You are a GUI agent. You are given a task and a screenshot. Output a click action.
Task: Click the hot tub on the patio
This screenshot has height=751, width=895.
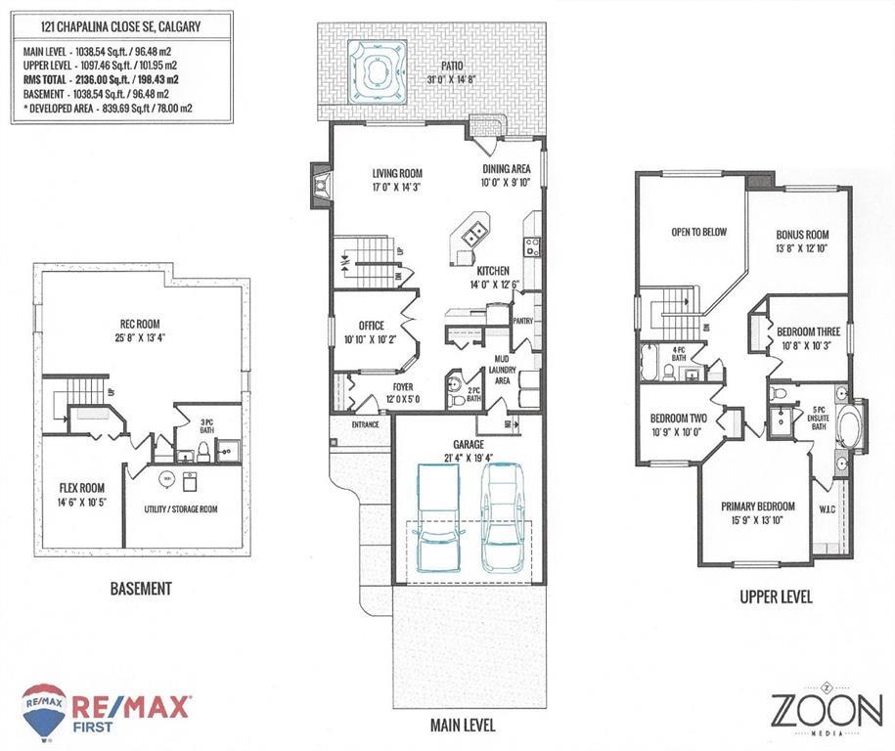[377, 72]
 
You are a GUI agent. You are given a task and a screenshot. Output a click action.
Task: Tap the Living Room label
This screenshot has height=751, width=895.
[397, 173]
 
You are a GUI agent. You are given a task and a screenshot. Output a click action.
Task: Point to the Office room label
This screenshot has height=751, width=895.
[371, 326]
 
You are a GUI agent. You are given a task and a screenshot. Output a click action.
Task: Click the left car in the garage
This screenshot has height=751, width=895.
[438, 518]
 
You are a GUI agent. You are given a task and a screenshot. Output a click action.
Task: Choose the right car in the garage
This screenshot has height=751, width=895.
[503, 517]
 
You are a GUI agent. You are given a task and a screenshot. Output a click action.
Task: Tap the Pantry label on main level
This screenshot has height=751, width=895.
[523, 321]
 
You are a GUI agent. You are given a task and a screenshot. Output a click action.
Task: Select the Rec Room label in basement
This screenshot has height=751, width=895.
[140, 324]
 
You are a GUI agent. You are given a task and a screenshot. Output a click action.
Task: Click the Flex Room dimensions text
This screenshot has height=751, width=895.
[83, 502]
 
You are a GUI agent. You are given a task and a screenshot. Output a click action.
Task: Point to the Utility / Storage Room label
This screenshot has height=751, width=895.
[181, 509]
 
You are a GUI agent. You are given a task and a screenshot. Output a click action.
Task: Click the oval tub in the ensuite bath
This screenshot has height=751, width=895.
[849, 425]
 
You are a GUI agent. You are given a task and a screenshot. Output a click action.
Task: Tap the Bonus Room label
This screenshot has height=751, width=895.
[802, 235]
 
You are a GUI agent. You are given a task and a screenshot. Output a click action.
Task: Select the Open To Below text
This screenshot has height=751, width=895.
[698, 232]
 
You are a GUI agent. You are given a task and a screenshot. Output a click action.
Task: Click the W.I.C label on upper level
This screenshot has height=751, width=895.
[828, 509]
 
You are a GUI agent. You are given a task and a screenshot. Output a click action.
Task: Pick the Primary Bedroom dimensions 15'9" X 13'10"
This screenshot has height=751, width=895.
[758, 520]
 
